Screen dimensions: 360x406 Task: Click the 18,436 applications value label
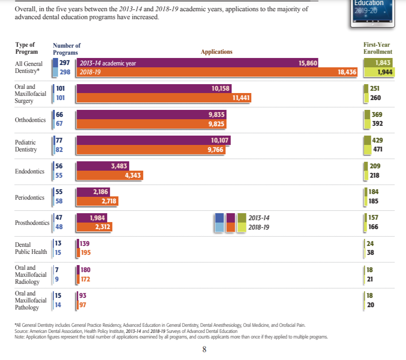click(347, 72)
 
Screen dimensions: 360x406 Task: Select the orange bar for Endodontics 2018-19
click(109, 176)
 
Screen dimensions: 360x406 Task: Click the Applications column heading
click(216, 52)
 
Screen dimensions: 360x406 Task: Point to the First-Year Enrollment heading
click(377, 48)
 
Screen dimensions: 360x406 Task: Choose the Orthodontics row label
click(30, 120)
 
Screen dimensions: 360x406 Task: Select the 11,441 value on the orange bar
click(241, 98)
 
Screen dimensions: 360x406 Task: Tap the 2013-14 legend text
click(259, 218)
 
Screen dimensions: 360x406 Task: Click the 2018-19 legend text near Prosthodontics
click(259, 228)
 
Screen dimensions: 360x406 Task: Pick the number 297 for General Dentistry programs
click(65, 63)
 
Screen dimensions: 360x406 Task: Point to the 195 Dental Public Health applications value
click(86, 253)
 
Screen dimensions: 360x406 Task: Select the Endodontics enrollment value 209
click(375, 166)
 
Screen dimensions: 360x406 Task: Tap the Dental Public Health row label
click(31, 248)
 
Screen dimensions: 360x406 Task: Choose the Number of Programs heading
click(66, 49)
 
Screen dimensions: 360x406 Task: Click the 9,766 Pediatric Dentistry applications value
click(215, 150)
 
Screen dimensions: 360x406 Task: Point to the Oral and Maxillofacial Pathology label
click(30, 300)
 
